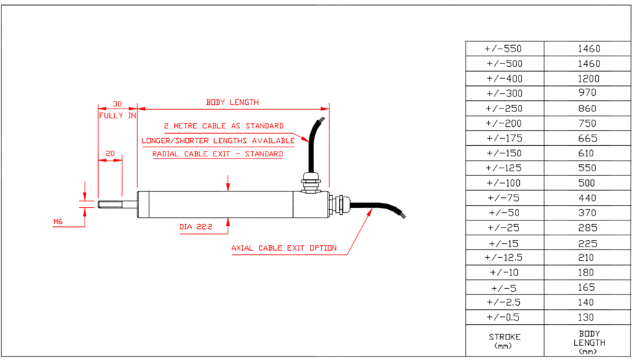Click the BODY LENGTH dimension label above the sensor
(x=232, y=102)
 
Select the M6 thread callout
(x=58, y=222)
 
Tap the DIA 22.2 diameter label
(x=195, y=228)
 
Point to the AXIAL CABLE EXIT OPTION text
(x=284, y=248)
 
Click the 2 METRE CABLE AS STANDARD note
(x=223, y=126)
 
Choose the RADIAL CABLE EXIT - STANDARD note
(x=218, y=154)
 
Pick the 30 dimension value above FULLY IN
(x=117, y=103)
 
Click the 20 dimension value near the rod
(x=110, y=153)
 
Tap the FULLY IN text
(x=117, y=116)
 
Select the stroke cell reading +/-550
(x=504, y=49)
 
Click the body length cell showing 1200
(x=587, y=78)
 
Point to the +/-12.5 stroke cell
(x=504, y=257)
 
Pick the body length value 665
(x=587, y=138)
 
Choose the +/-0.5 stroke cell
(x=504, y=317)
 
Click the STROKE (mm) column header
(x=504, y=340)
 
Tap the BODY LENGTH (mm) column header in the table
(x=587, y=342)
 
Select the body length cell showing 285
(x=587, y=228)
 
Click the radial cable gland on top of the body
(x=308, y=180)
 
